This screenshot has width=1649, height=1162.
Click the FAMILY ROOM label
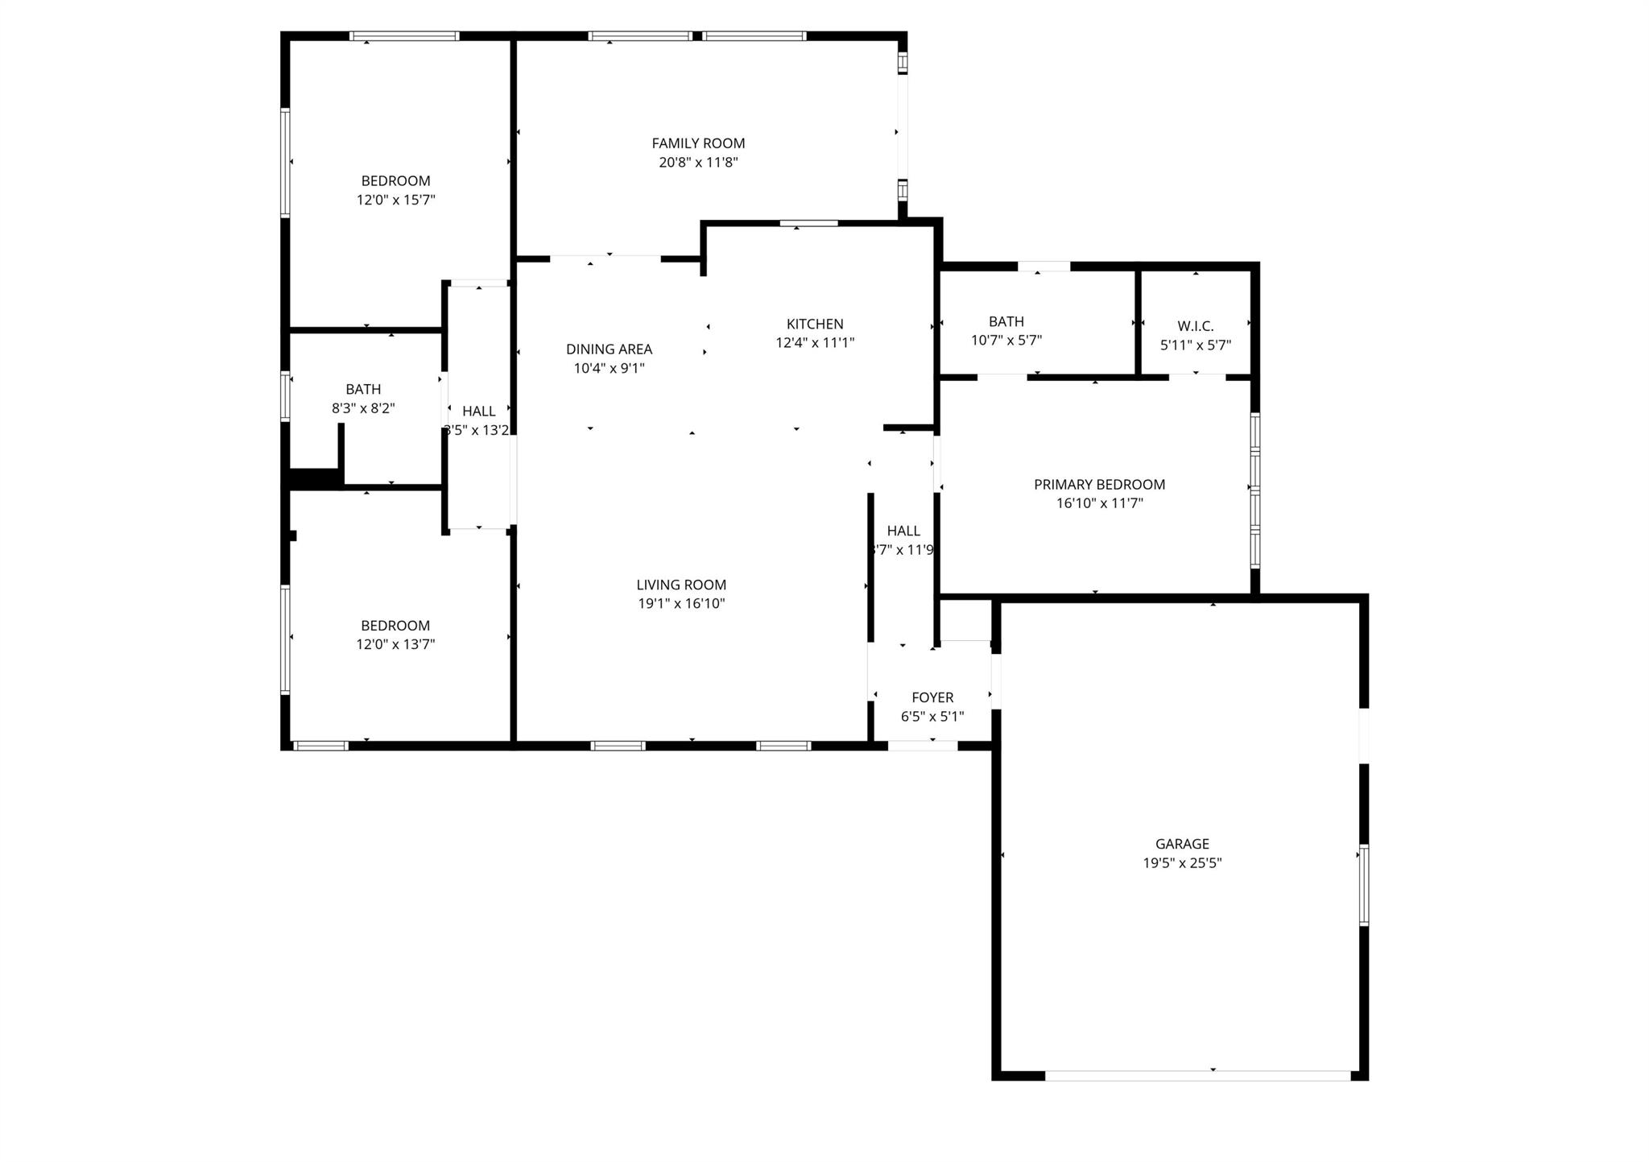click(x=698, y=143)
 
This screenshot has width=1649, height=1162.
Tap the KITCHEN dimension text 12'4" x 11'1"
click(x=814, y=342)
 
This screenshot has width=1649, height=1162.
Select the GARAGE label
click(x=1182, y=844)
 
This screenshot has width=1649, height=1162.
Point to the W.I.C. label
click(x=1195, y=326)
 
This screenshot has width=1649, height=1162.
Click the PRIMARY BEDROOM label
click(x=1099, y=485)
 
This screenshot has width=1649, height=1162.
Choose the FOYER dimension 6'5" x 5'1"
click(x=932, y=717)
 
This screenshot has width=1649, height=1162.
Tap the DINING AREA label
click(x=609, y=349)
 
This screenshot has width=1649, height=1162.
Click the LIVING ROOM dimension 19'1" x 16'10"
click(x=681, y=604)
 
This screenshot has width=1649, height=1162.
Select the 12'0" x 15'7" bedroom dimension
click(x=395, y=200)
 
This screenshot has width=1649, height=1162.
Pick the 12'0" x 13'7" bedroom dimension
click(x=395, y=644)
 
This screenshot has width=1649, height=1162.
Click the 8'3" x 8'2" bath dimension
click(x=363, y=408)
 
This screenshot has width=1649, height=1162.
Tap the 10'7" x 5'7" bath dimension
click(x=1006, y=341)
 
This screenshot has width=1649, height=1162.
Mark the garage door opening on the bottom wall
click(x=1197, y=1075)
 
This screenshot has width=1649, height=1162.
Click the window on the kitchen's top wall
click(x=808, y=223)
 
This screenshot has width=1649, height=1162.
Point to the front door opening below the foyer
click(x=923, y=746)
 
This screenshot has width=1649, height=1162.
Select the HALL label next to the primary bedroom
click(x=903, y=531)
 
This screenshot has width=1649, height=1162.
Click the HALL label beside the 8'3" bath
click(x=478, y=411)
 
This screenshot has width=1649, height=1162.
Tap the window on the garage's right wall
click(x=1363, y=884)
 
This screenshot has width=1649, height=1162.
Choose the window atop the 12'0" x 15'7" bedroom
click(x=404, y=36)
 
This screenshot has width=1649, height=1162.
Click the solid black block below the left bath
click(x=315, y=478)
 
